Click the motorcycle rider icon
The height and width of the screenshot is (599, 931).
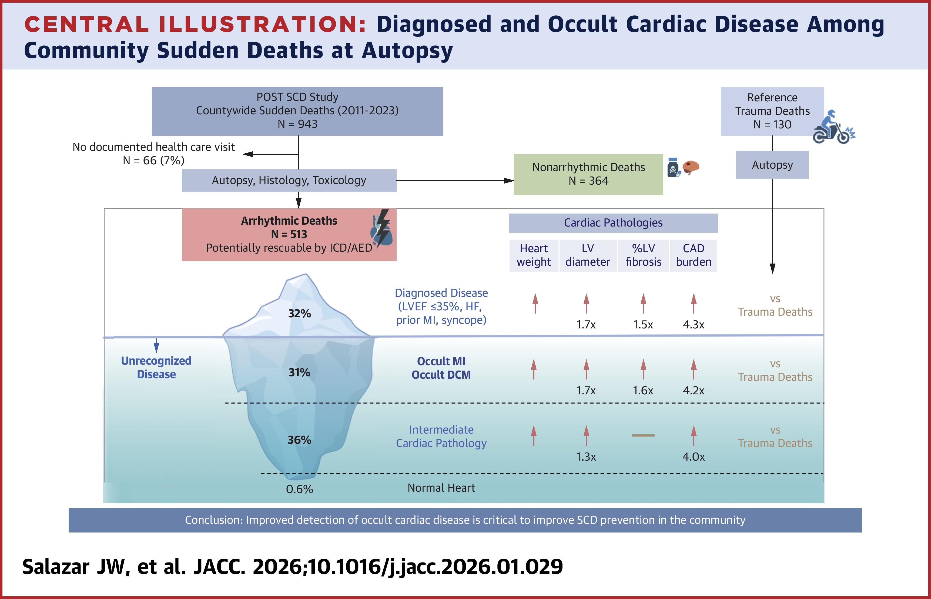[833, 128]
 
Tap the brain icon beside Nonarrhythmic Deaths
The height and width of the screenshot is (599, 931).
[691, 167]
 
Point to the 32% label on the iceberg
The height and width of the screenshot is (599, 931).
[299, 314]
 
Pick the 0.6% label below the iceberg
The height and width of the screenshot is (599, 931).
[299, 489]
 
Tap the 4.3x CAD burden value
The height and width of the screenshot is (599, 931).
[694, 324]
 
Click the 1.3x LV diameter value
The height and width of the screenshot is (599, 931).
[586, 456]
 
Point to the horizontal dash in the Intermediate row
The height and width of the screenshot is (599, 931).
[643, 435]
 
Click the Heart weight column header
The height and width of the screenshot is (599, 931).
[534, 255]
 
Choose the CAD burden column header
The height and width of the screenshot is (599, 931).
[694, 255]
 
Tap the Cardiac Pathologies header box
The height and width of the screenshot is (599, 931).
[613, 223]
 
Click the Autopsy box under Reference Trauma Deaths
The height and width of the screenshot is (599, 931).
[772, 165]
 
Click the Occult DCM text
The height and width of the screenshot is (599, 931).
[441, 375]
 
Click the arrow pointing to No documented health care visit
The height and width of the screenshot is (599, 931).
[249, 154]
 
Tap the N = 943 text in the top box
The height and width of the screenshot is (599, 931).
[297, 124]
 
